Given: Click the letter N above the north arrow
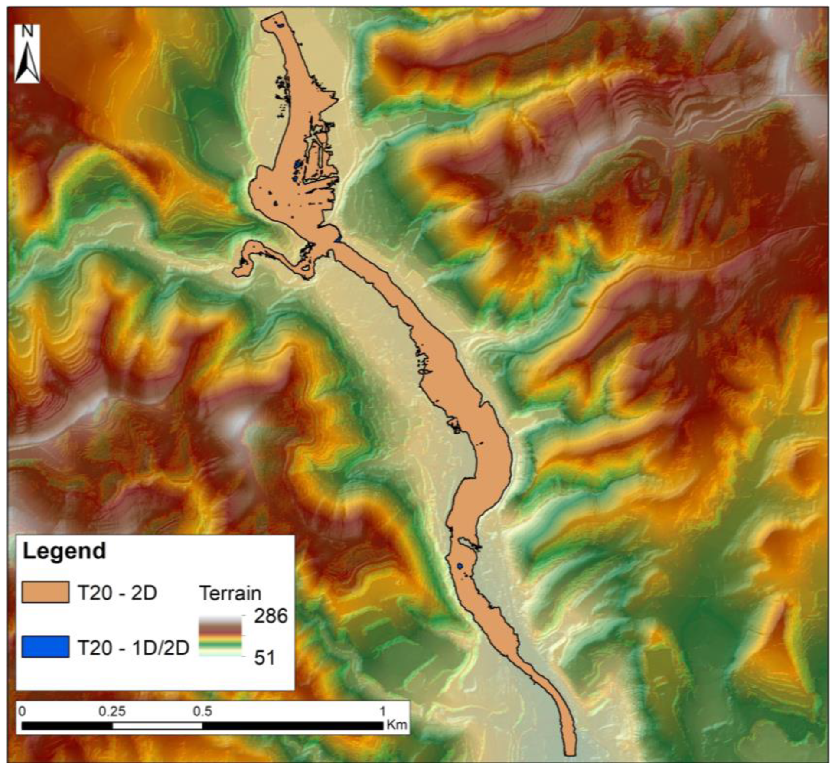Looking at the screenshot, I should [28, 32].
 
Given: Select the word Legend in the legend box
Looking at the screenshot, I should [64, 551].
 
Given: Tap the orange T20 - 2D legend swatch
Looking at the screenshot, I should [45, 592].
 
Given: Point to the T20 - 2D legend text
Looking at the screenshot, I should [117, 593].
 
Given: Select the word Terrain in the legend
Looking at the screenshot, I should [230, 593].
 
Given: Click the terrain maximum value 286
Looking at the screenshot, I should [271, 616].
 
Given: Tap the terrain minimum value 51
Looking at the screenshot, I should [264, 658].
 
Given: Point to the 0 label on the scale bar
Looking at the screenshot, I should [23, 711].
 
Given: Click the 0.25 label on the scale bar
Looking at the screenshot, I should [112, 711].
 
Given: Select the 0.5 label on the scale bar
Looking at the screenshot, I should [202, 711].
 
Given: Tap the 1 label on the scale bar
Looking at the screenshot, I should [382, 711].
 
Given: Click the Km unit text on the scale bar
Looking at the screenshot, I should [397, 724].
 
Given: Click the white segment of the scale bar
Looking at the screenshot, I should [157, 725].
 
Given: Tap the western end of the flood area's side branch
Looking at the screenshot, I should [237, 272].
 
